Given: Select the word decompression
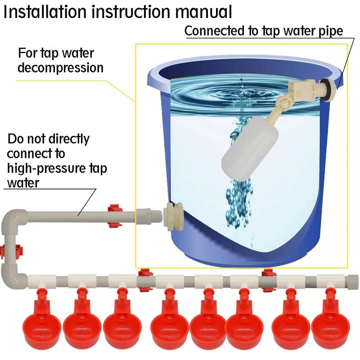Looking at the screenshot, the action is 61,68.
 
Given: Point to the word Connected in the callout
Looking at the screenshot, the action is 215,31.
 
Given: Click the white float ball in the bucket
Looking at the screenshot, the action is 250,149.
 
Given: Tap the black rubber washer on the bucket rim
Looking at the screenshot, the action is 328,89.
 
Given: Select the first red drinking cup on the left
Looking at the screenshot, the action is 42,320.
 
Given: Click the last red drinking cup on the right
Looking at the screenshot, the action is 331,320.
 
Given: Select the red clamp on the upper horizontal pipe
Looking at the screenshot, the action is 115,216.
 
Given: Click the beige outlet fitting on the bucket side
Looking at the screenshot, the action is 173,217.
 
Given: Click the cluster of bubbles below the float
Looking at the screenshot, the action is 239,202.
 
